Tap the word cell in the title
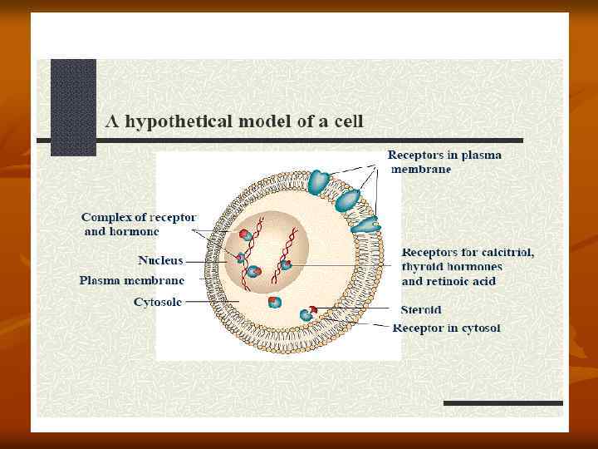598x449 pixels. click(348, 121)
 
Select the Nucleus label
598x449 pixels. click(160, 260)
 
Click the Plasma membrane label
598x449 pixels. click(132, 280)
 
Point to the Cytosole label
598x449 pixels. click(158, 302)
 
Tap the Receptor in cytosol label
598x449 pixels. click(446, 328)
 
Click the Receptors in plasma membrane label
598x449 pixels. click(444, 162)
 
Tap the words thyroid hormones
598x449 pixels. click(452, 267)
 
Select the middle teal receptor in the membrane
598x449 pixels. click(348, 199)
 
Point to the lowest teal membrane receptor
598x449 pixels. click(364, 223)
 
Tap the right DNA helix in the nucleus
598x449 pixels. click(292, 247)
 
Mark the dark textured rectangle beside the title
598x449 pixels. click(73, 106)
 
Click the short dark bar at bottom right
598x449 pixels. click(502, 403)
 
